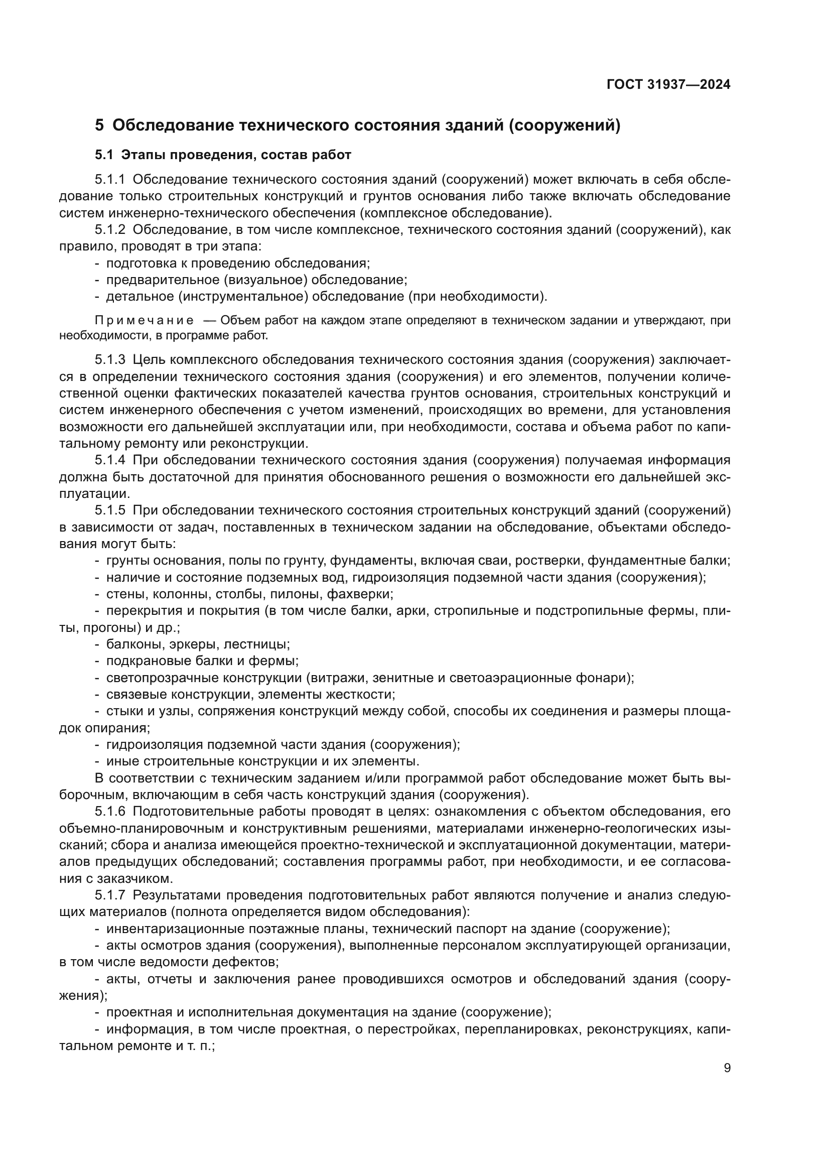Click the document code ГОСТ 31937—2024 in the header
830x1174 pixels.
(668, 85)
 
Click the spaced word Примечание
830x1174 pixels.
(144, 321)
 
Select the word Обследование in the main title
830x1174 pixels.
(173, 125)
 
